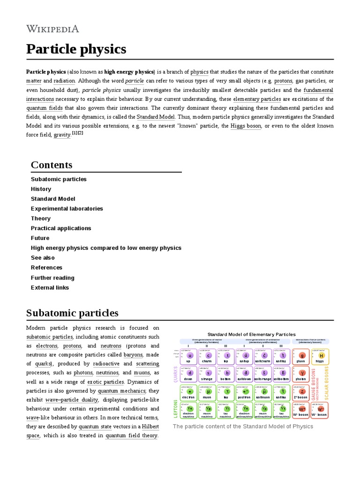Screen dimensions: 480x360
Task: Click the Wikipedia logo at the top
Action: tap(52, 29)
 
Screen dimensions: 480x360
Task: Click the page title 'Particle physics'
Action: tap(76, 49)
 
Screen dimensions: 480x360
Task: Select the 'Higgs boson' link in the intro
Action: tap(246, 126)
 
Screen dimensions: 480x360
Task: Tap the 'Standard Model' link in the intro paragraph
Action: tap(156, 117)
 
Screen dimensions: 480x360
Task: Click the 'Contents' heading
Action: tap(52, 165)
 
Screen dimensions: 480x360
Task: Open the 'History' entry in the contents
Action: tap(41, 189)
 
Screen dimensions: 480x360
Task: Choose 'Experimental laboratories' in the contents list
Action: tap(67, 209)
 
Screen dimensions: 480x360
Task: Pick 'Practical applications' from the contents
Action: tap(61, 228)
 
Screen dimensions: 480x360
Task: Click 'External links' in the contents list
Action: tap(50, 287)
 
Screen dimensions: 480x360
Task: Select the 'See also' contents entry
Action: tap(43, 258)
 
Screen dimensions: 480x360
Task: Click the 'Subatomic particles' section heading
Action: tap(72, 313)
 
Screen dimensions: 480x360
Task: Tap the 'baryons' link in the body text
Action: tap(133, 355)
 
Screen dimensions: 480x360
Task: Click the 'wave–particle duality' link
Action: tap(72, 400)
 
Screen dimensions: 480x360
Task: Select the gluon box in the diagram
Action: tap(302, 357)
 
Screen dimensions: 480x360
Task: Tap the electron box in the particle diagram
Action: tap(190, 393)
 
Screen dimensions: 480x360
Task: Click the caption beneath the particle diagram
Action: tap(243, 426)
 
